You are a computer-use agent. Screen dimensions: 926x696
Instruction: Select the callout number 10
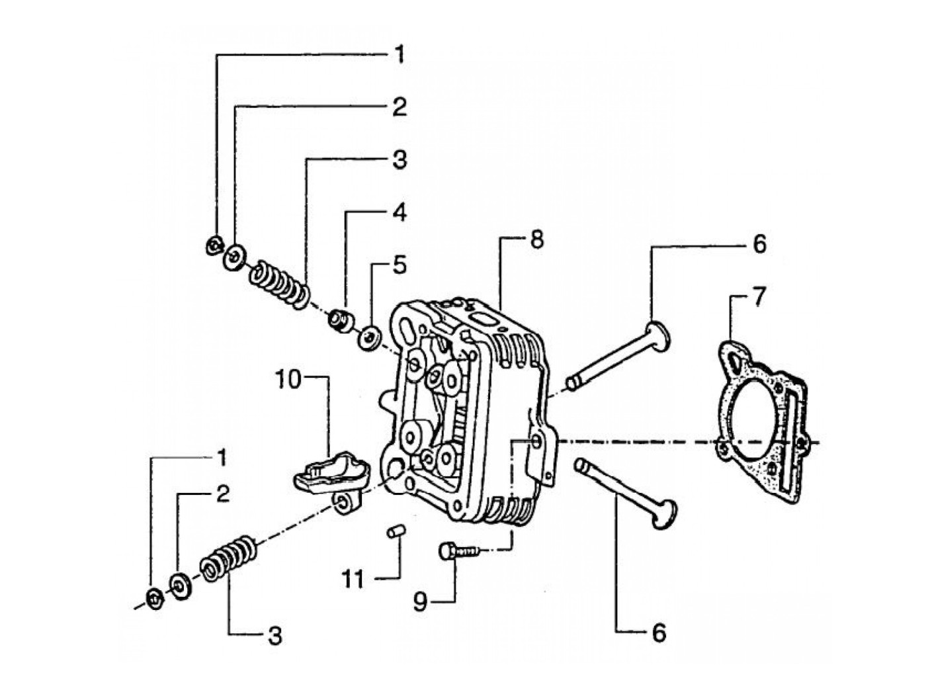coord(289,378)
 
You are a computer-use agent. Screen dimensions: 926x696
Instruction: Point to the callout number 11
coord(353,580)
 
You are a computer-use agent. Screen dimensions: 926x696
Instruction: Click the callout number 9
coord(420,602)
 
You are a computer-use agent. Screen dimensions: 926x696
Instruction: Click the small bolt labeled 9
coord(460,551)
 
